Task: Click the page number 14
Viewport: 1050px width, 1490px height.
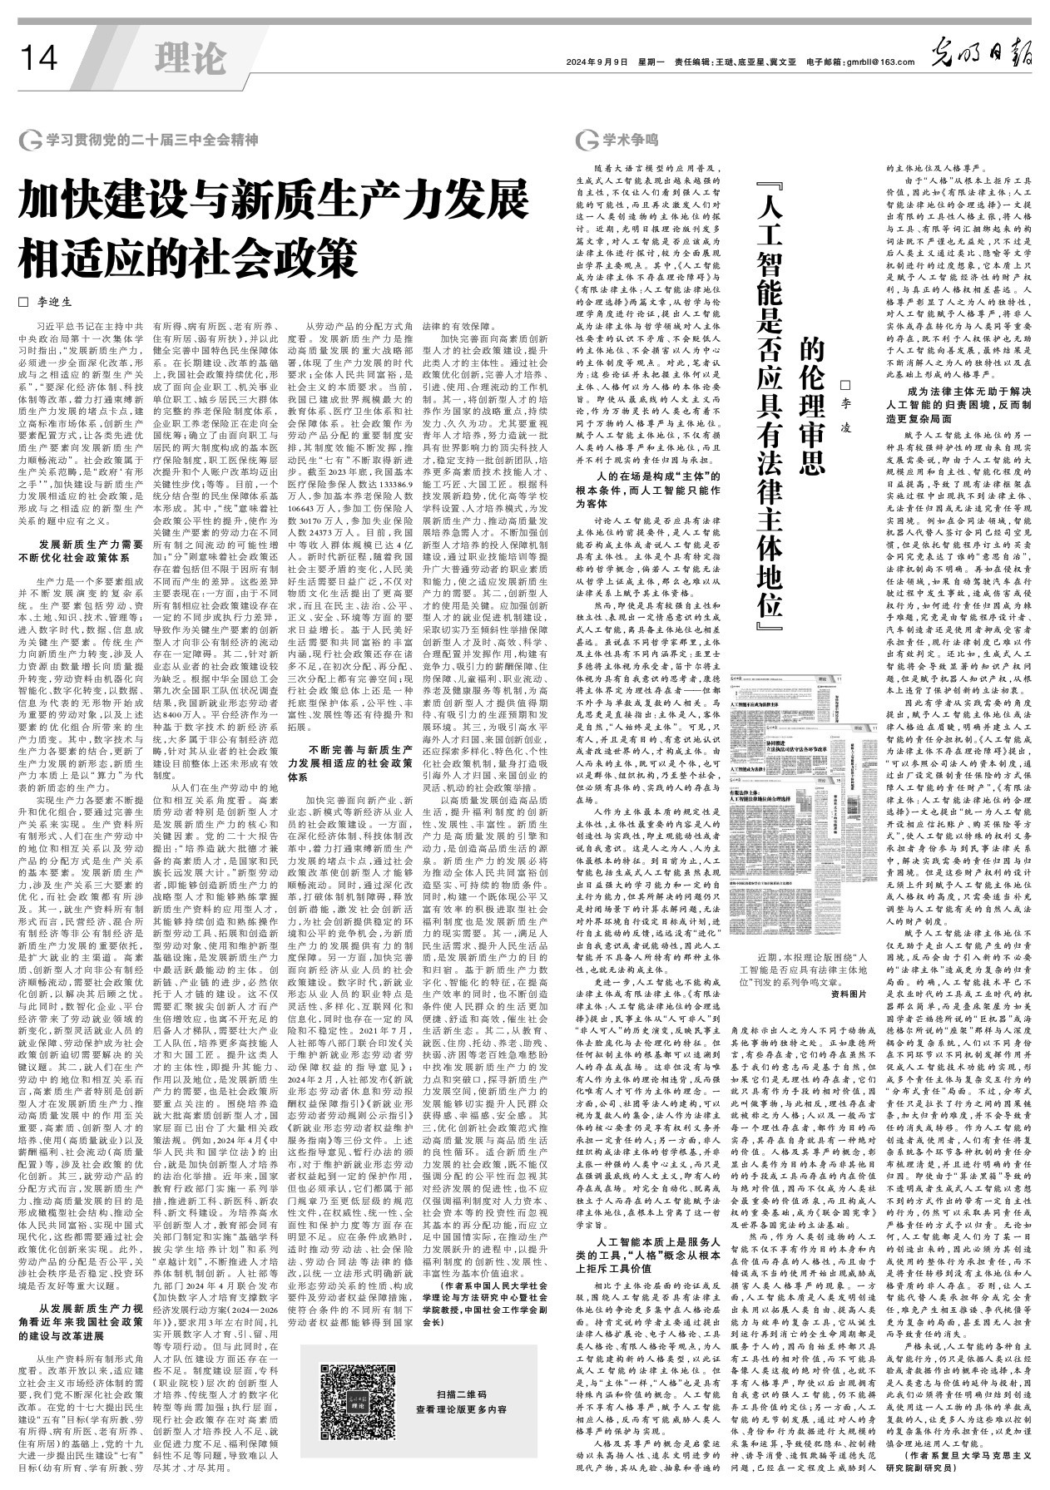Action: [x=38, y=58]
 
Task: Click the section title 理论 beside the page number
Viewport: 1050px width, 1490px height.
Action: [x=190, y=58]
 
